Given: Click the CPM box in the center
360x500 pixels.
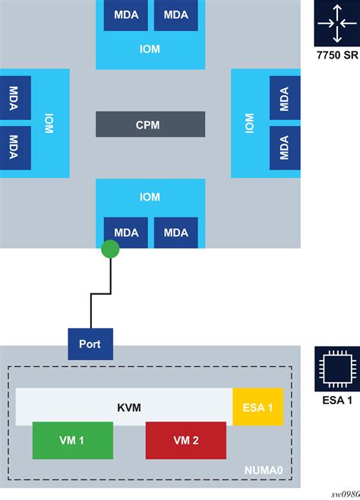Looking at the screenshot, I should [150, 125].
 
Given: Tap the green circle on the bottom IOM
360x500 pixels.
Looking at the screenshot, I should [111, 249].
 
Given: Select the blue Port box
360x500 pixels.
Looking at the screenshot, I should [90, 343].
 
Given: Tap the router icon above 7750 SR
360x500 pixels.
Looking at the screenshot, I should [334, 24].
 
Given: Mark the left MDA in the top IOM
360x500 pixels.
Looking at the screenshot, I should [125, 15].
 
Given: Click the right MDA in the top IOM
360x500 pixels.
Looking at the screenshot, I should [175, 15].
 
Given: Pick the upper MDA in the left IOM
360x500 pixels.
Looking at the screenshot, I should [15, 98].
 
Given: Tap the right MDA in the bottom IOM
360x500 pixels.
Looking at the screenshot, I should [175, 233].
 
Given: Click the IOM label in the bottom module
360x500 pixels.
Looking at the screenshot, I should [150, 198].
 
